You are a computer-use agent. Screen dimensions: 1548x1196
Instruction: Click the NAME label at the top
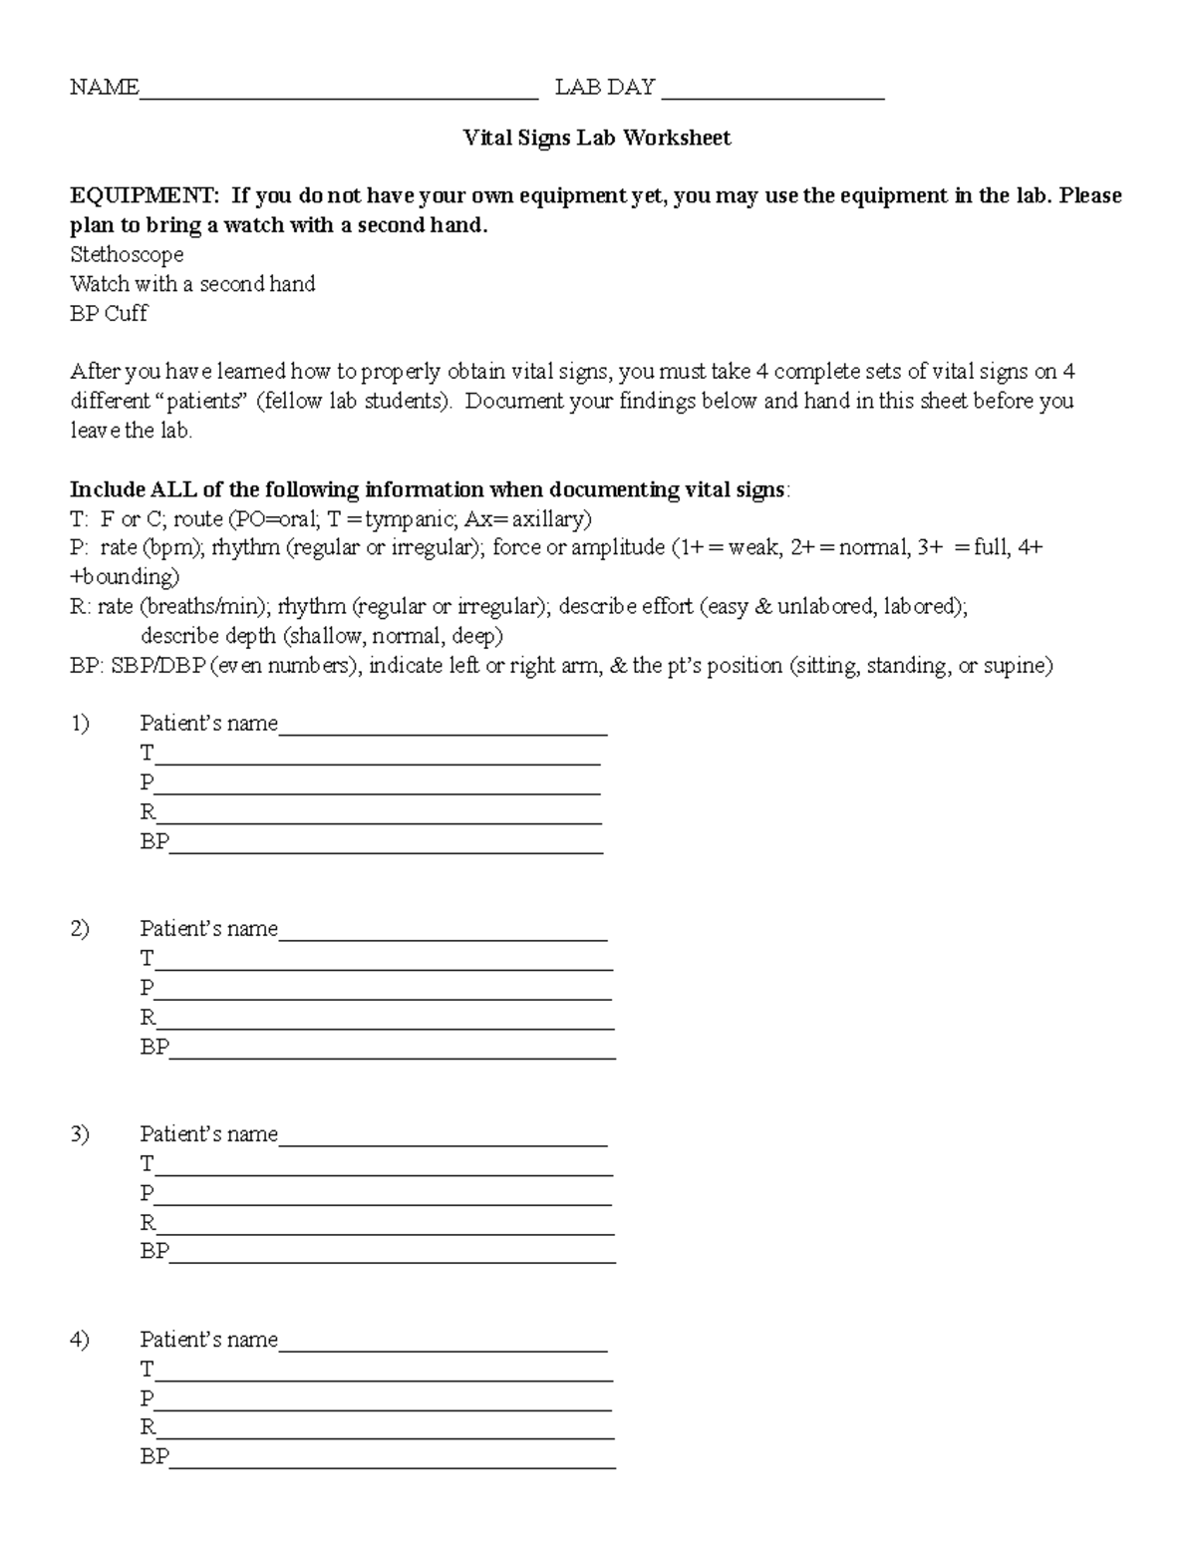click(x=104, y=88)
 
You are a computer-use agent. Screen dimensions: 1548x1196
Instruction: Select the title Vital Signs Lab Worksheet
click(x=596, y=138)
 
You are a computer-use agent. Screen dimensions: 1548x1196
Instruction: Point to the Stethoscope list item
click(x=127, y=255)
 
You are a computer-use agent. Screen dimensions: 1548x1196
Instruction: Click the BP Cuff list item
click(x=109, y=314)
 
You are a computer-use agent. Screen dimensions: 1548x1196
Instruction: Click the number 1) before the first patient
click(x=80, y=724)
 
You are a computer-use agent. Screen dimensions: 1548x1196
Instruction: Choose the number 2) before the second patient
click(x=80, y=929)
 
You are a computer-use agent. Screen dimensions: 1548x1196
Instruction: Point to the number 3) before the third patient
click(x=80, y=1134)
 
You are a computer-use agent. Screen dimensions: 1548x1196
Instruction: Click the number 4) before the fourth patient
click(x=80, y=1340)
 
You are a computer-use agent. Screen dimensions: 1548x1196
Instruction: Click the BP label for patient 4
click(x=154, y=1456)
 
